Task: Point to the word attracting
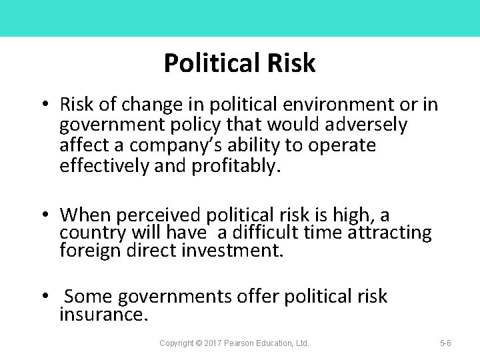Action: pos(393,233)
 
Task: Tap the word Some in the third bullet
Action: pos(87,296)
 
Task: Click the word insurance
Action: pos(103,314)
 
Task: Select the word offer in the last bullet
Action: pos(258,296)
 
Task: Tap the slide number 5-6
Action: pos(445,343)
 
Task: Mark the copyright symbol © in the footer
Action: pos(199,343)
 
